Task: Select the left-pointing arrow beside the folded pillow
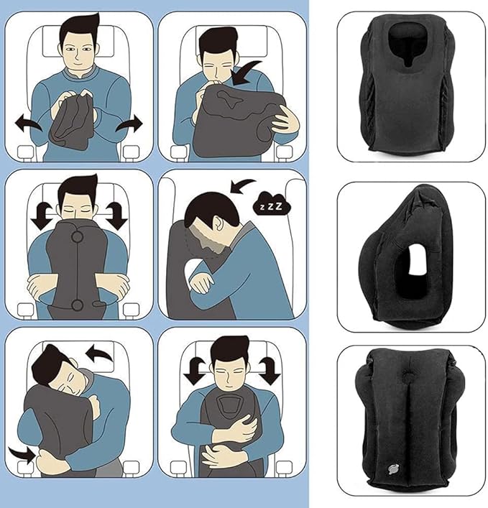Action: [x=29, y=125]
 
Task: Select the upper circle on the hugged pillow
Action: [x=77, y=234]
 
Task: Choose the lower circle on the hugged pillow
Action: [x=77, y=306]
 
